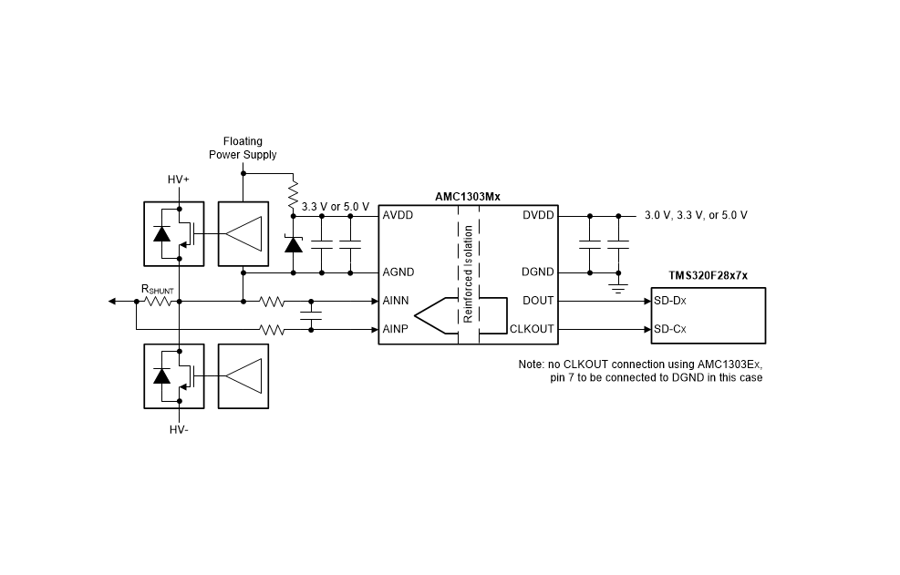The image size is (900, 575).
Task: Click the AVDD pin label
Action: coord(398,215)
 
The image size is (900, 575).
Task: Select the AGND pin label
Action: coord(398,272)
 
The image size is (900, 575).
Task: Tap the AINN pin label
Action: coord(396,301)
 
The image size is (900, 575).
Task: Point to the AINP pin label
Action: coord(396,329)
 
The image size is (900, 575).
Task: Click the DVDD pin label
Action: coord(538,215)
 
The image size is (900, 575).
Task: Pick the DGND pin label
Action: coord(538,272)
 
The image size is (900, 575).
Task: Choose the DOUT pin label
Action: coord(538,301)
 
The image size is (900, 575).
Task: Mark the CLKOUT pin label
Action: coord(533,329)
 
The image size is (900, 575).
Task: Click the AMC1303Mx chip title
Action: coord(468,197)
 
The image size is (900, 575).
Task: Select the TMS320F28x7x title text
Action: coord(709,275)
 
